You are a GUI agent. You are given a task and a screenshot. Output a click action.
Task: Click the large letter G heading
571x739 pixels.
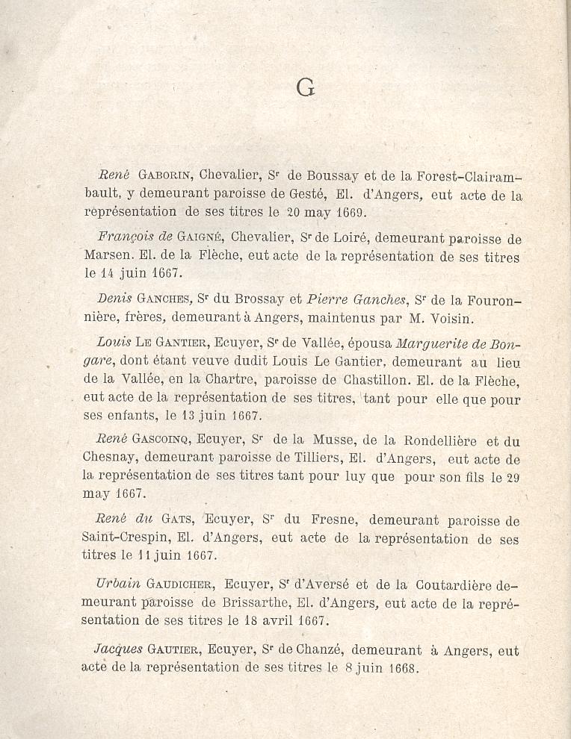coord(305,88)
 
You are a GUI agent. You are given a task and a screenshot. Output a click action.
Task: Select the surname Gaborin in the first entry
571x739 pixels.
coord(166,176)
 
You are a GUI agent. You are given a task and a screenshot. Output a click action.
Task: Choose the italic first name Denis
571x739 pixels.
coord(114,299)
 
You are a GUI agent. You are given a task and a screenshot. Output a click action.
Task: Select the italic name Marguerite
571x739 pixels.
coord(428,343)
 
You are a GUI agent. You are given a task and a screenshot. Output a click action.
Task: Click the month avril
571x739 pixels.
coord(274,620)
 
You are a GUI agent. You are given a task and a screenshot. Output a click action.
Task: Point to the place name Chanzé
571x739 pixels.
coord(313,651)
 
